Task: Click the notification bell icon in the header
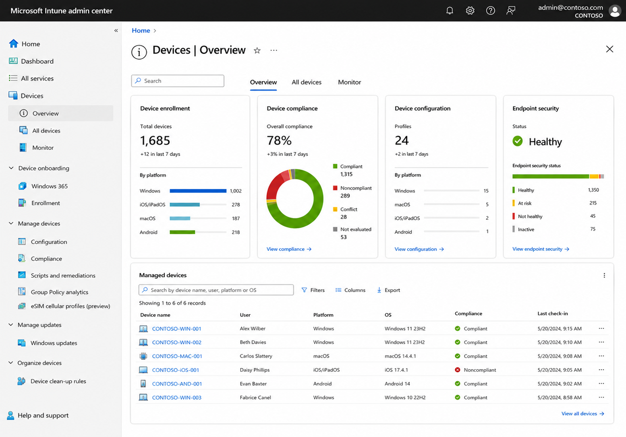pos(450,10)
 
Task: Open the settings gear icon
pos(470,10)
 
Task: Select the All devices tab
pos(306,82)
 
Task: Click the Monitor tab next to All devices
pos(349,82)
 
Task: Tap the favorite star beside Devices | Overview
pos(257,51)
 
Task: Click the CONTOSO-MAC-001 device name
pos(177,356)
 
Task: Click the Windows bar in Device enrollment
pos(198,191)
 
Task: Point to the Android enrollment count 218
pos(236,232)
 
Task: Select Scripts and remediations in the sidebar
pos(63,275)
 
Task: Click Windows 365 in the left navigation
pos(49,186)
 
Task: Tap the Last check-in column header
pos(553,313)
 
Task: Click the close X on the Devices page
pos(609,49)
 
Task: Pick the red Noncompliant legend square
pos(335,188)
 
